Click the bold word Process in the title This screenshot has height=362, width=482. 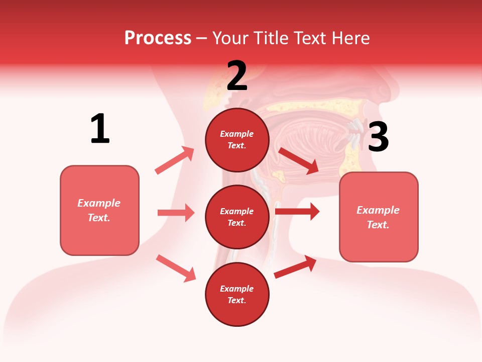pos(158,38)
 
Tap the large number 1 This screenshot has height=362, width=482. pos(100,129)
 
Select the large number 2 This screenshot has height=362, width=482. pos(237,76)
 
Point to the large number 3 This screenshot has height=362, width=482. pos(378,137)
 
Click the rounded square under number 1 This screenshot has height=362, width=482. pos(99,210)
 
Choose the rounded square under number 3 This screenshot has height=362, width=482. pos(379,217)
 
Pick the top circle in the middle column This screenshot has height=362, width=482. pos(237,140)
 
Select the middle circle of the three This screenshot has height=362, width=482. pos(237,217)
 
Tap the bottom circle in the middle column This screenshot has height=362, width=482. pos(237,294)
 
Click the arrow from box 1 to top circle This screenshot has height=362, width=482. pos(175,160)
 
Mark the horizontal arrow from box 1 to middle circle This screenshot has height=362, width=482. pos(176,213)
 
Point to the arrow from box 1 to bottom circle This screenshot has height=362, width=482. pos(176,268)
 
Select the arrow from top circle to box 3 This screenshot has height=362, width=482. pos(298,160)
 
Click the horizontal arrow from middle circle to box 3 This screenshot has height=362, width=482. pos(297,212)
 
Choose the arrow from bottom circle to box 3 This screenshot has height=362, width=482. pos(295,266)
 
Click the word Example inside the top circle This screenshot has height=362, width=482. pos(237,134)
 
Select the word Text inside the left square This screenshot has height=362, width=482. pos(98,218)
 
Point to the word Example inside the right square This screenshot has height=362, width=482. pos(378,210)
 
